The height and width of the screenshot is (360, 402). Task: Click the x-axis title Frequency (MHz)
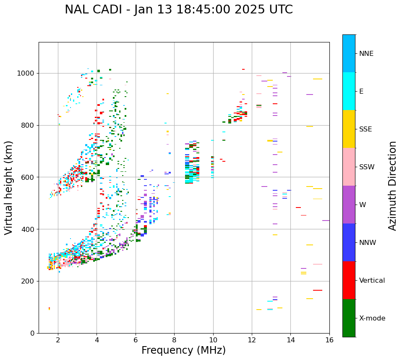tap(183, 350)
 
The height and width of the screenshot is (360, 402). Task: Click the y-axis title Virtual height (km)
tap(9, 188)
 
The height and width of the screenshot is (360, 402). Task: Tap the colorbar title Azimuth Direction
tap(392, 186)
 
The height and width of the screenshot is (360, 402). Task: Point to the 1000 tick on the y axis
tap(28, 74)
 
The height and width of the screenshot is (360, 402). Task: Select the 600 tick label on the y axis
tap(28, 177)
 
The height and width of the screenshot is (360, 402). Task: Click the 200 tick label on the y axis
tap(28, 281)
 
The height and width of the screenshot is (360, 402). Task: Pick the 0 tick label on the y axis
tap(32, 333)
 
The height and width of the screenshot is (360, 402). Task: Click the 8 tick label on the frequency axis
tap(174, 340)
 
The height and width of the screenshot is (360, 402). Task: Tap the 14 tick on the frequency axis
tap(290, 340)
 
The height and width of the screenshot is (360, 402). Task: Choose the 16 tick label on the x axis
tap(329, 340)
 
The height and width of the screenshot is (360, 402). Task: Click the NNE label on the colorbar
tap(366, 54)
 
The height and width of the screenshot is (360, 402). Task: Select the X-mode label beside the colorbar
tap(372, 318)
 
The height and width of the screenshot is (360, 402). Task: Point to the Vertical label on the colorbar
tap(372, 281)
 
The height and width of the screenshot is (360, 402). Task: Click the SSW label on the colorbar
tap(367, 167)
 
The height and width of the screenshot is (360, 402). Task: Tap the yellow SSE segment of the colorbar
tap(349, 129)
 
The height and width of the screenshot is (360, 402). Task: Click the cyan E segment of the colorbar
tap(349, 91)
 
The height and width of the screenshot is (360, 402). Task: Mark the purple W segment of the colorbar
tap(349, 205)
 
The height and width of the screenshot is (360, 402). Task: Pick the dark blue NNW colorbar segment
tap(349, 242)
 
